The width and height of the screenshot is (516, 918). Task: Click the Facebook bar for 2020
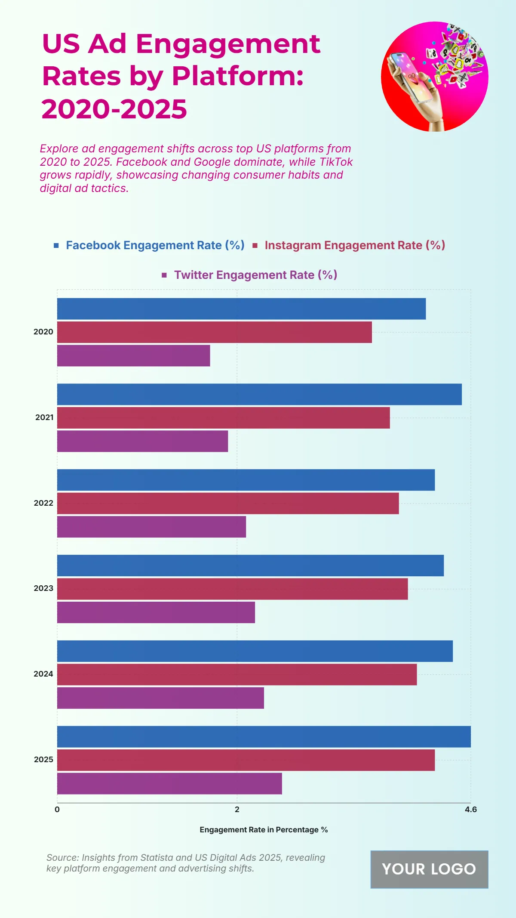click(x=241, y=309)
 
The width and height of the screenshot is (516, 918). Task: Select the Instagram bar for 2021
click(x=223, y=417)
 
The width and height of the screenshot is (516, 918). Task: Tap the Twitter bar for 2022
click(x=151, y=526)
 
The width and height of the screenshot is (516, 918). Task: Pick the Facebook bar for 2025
click(x=264, y=736)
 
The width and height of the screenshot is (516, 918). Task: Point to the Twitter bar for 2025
click(x=169, y=783)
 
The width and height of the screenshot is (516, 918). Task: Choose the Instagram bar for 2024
click(x=237, y=674)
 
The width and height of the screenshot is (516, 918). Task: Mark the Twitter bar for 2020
click(x=133, y=355)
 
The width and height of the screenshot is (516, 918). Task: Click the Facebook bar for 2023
click(x=250, y=565)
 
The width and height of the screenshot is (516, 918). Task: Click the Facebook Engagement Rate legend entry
click(x=155, y=245)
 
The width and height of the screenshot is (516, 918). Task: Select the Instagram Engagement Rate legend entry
click(x=354, y=245)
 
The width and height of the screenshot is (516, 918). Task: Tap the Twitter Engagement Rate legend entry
click(x=255, y=275)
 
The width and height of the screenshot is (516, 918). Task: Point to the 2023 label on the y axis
click(x=43, y=588)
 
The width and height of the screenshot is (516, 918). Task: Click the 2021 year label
click(x=44, y=417)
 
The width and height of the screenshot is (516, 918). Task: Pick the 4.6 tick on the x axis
click(x=471, y=810)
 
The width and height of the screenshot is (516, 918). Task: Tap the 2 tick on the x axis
click(x=237, y=810)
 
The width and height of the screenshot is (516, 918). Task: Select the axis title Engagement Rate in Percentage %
click(x=264, y=830)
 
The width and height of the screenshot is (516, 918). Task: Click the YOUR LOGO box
click(x=429, y=869)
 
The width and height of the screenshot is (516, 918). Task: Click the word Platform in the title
click(x=237, y=76)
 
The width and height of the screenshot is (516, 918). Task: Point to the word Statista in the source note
click(x=154, y=858)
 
